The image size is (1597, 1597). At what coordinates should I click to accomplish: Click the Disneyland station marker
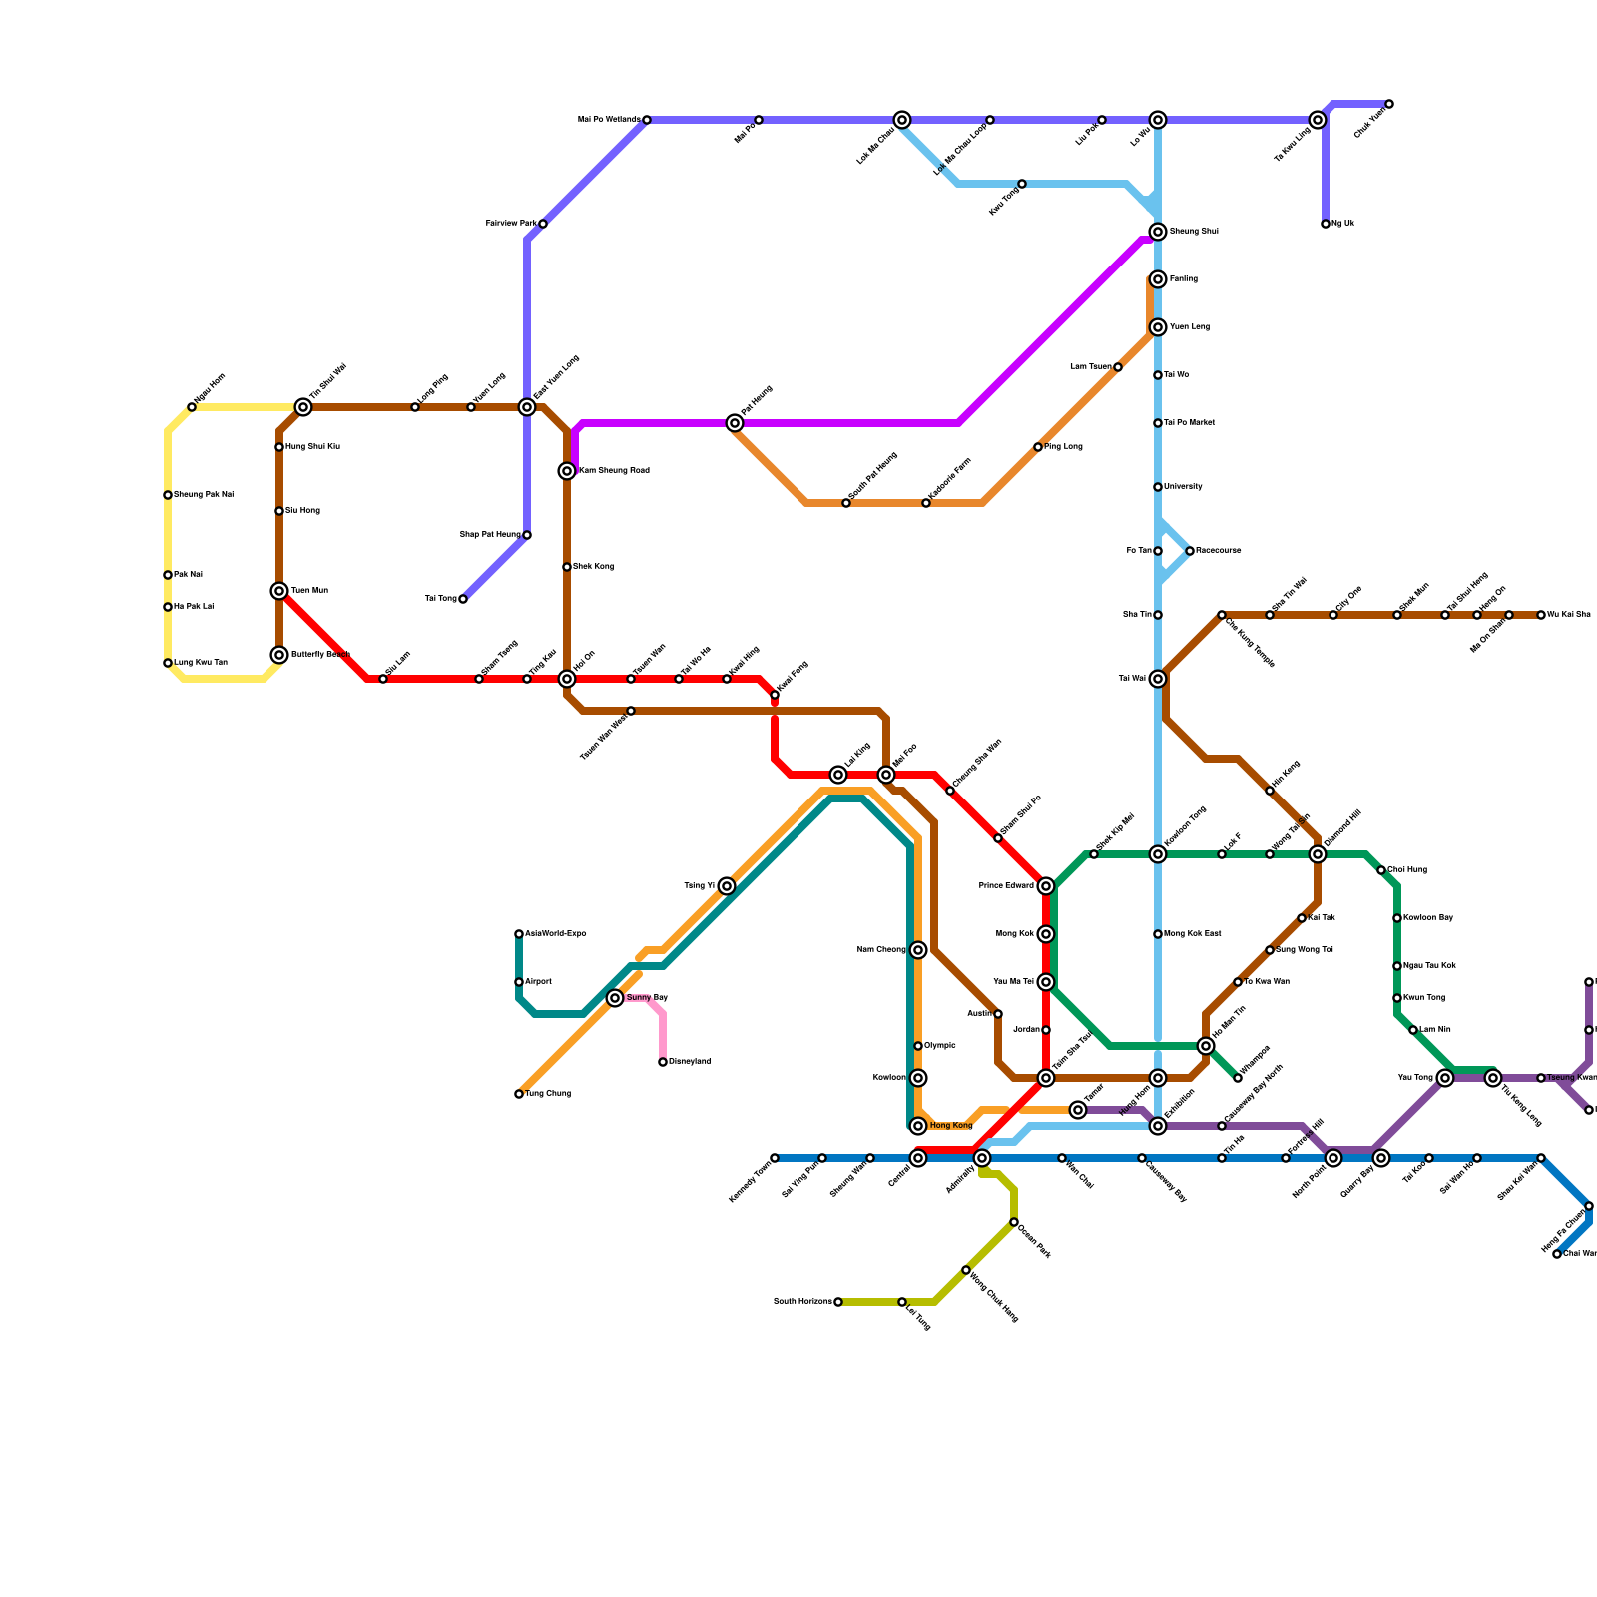[x=663, y=1062]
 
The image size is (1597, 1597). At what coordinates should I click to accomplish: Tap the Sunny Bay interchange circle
[x=615, y=998]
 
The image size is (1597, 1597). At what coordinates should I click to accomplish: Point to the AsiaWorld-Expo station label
[x=555, y=934]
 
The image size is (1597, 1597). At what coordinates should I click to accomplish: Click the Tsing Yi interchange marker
[x=727, y=886]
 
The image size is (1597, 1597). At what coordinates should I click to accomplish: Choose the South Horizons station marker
[x=838, y=1302]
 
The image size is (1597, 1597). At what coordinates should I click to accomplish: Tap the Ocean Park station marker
[x=1014, y=1222]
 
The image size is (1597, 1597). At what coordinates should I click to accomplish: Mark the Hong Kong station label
[x=950, y=1126]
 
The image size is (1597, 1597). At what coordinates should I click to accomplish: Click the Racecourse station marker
[x=1190, y=551]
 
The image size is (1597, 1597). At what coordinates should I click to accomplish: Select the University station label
[x=1183, y=487]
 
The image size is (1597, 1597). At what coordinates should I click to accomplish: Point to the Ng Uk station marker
[x=1326, y=224]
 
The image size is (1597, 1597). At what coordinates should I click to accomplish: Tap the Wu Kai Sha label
[x=1569, y=615]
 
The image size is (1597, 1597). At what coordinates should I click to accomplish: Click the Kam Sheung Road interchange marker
[x=567, y=471]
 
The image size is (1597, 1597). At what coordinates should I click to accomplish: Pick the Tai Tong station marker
[x=463, y=599]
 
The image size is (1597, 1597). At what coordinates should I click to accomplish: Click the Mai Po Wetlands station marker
[x=647, y=120]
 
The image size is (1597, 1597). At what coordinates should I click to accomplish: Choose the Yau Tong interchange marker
[x=1445, y=1078]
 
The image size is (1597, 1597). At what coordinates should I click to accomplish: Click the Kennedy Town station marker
[x=775, y=1158]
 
